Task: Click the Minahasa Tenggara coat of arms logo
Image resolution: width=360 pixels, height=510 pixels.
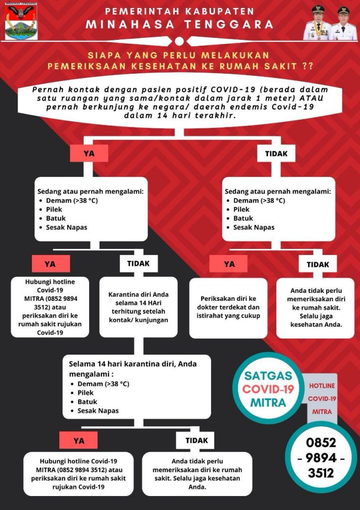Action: [x=19, y=22]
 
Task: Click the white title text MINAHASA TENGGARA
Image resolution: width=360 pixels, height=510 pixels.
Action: [x=179, y=24]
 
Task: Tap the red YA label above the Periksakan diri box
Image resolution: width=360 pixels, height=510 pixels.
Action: [x=229, y=264]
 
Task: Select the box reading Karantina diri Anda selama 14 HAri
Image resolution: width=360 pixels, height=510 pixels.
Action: [x=138, y=307]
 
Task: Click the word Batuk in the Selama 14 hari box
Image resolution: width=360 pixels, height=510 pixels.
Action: [x=87, y=401]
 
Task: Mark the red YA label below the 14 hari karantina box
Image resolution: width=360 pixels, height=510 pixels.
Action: [x=79, y=440]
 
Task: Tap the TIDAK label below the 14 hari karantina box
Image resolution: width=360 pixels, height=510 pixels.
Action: [x=196, y=440]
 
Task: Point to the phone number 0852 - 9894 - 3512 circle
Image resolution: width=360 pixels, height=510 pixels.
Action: [x=321, y=457]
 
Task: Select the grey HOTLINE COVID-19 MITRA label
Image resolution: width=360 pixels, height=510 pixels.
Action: [x=322, y=398]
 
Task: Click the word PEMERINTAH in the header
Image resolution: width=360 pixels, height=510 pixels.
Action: [x=141, y=11]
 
